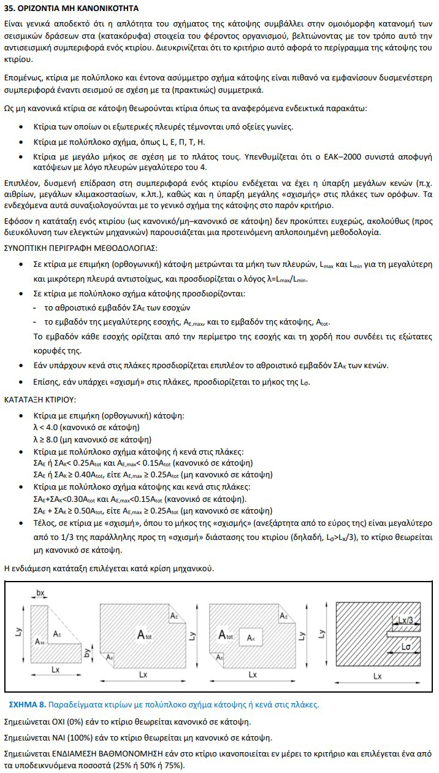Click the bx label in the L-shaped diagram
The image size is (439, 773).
point(41,594)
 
